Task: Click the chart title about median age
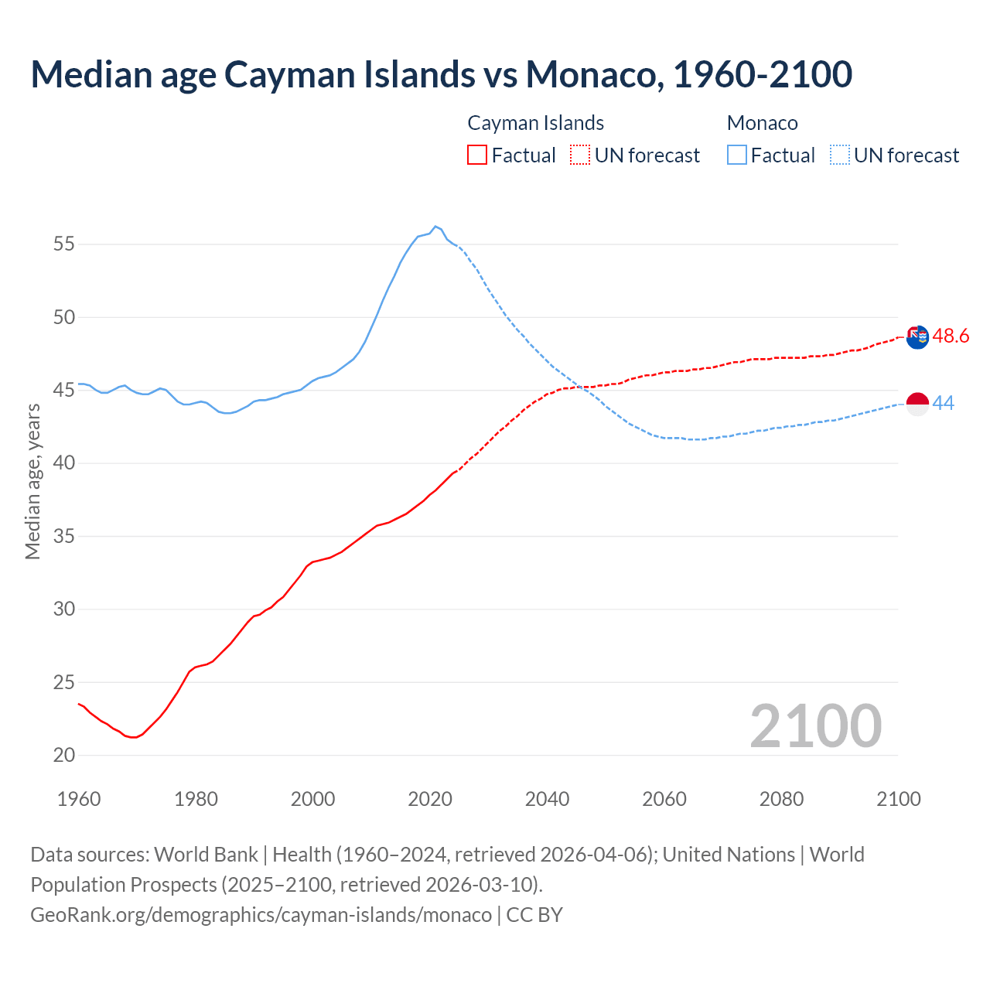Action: [x=441, y=74]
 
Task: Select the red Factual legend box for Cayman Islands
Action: [x=477, y=155]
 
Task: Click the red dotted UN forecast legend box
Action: [x=580, y=155]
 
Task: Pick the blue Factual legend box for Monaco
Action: [x=737, y=155]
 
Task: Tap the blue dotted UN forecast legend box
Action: [x=840, y=155]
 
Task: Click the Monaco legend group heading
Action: [x=762, y=123]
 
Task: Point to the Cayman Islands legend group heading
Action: [x=535, y=123]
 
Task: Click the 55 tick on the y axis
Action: [x=64, y=244]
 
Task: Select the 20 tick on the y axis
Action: [x=64, y=756]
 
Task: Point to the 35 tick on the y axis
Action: [x=64, y=536]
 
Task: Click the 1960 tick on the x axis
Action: [x=79, y=799]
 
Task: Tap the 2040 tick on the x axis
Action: [x=547, y=799]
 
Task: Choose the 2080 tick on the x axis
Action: [x=781, y=799]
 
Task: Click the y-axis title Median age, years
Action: [x=32, y=481]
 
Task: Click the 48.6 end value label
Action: [x=951, y=336]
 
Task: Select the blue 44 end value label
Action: [x=943, y=403]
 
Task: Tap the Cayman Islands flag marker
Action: [x=917, y=337]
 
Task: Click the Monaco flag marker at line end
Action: [x=917, y=404]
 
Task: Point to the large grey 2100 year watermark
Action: [x=815, y=725]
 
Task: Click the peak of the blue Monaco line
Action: [x=435, y=227]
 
